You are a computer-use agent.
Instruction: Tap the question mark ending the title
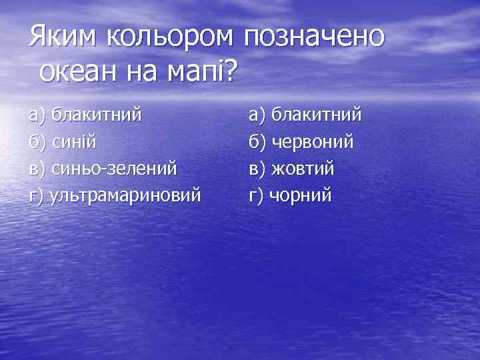coord(228,70)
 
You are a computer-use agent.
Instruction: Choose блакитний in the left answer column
coord(97,115)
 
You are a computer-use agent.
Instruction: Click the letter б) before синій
coord(37,142)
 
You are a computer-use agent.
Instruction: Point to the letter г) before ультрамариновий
coord(37,196)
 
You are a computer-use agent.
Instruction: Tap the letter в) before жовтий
coord(257,169)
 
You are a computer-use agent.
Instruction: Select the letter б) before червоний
coord(257,142)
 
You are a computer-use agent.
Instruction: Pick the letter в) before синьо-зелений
coord(37,169)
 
